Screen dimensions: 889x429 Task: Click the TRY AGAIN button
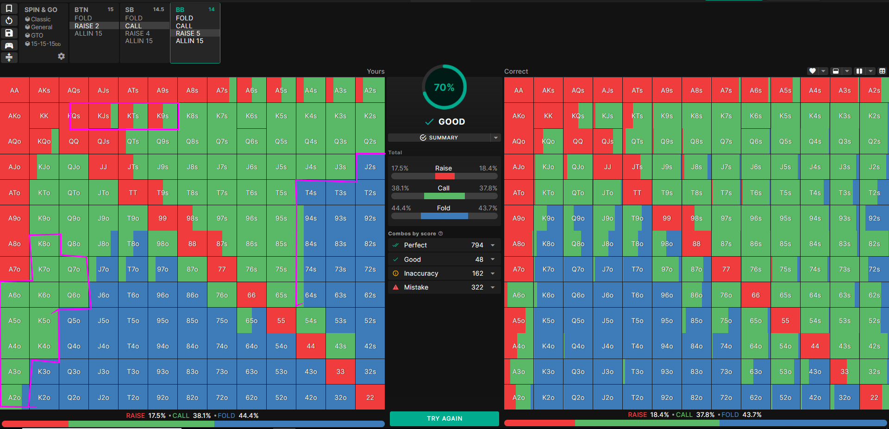click(444, 418)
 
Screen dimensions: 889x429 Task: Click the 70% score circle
click(444, 87)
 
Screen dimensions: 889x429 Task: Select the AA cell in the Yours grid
click(15, 90)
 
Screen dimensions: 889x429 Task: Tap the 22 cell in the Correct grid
click(874, 397)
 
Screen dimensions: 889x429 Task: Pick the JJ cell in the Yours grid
click(103, 167)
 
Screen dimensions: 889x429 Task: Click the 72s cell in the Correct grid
click(874, 269)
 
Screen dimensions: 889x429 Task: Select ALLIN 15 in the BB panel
click(189, 41)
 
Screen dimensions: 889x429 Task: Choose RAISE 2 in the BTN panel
click(87, 26)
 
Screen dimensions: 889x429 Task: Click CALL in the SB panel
click(133, 26)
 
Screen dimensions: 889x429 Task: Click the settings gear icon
click(61, 56)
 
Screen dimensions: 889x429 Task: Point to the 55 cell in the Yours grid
click(281, 321)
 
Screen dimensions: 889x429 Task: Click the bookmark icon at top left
click(9, 8)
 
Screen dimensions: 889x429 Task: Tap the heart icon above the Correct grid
click(812, 71)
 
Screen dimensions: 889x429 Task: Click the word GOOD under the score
click(451, 122)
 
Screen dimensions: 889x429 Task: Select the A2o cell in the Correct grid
click(519, 397)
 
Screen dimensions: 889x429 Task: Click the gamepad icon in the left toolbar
click(9, 45)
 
